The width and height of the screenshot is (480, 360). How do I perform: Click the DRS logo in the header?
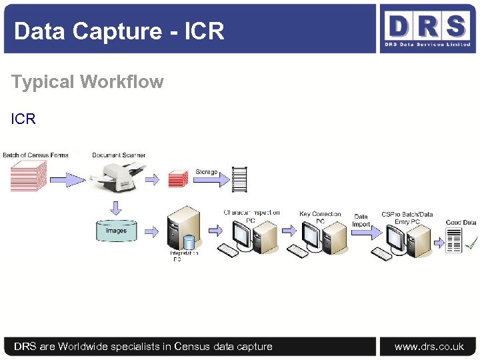pyautogui.click(x=427, y=29)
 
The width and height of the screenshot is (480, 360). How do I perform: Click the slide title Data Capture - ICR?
pyautogui.click(x=119, y=31)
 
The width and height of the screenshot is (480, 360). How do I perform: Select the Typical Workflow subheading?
pyautogui.click(x=87, y=82)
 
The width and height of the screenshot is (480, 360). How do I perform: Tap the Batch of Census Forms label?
pyautogui.click(x=35, y=155)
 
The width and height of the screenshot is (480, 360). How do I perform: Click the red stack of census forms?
pyautogui.click(x=28, y=177)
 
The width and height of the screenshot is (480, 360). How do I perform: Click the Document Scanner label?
pyautogui.click(x=119, y=155)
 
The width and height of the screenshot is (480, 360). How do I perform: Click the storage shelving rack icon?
pyautogui.click(x=239, y=179)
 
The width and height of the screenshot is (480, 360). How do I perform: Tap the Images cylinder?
pyautogui.click(x=116, y=231)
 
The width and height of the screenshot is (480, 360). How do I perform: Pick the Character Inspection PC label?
pyautogui.click(x=251, y=215)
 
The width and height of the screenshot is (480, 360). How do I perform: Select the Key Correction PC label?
pyautogui.click(x=320, y=217)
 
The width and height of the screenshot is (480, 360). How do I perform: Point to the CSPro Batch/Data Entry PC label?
pyautogui.click(x=407, y=217)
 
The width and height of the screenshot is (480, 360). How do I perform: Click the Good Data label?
pyautogui.click(x=461, y=222)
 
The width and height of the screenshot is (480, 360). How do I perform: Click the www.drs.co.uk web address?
pyautogui.click(x=429, y=346)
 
